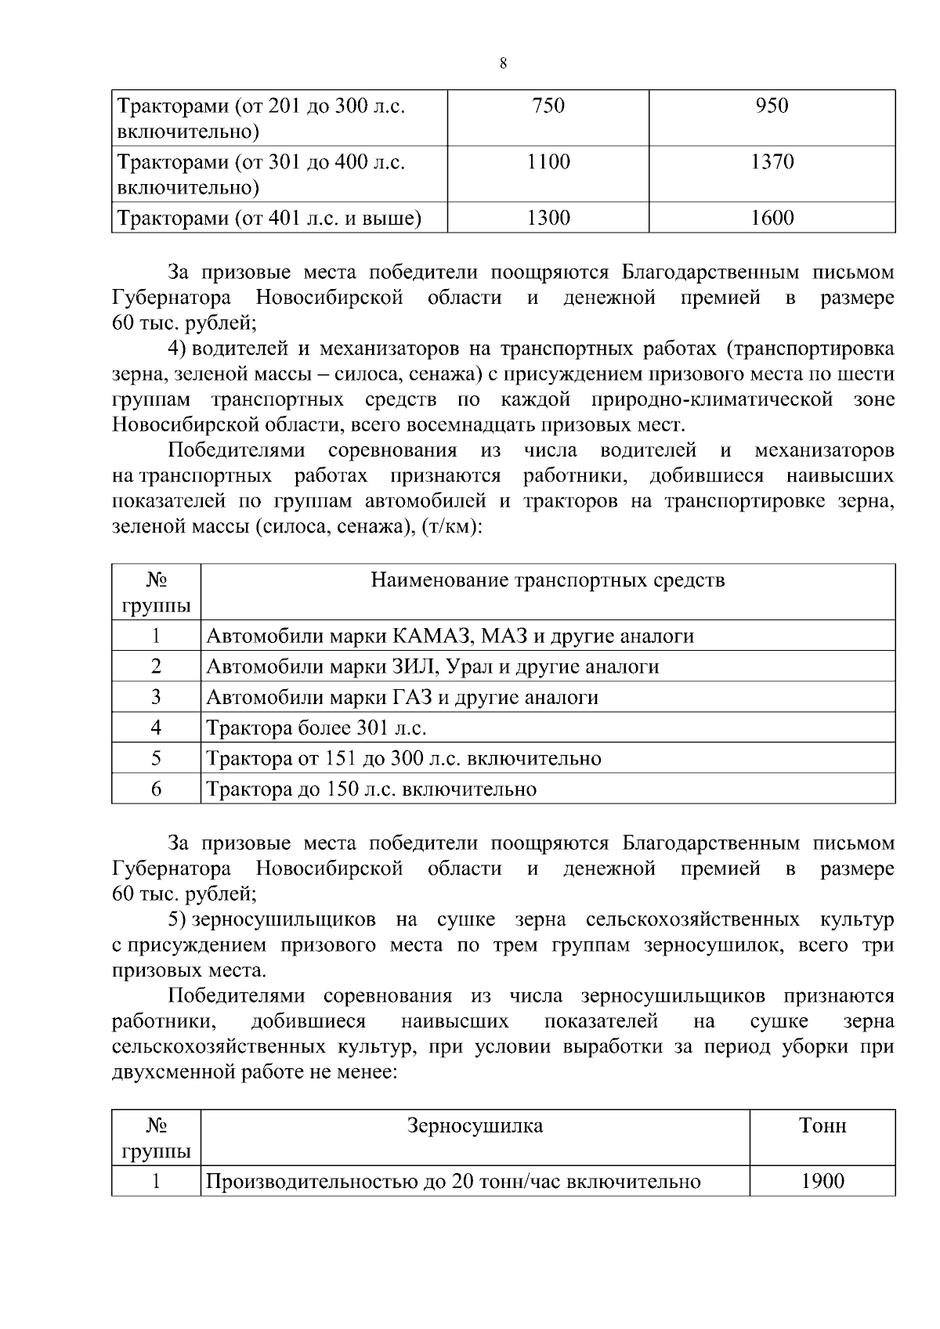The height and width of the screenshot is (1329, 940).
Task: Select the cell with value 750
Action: pos(548,107)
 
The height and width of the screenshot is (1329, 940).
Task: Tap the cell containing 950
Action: pos(772,107)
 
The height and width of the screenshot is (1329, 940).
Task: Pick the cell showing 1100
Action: pos(548,162)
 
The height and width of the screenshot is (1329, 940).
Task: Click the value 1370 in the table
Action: pos(772,162)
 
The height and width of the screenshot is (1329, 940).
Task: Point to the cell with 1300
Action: pos(548,218)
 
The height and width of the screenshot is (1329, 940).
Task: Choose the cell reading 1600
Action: pos(772,218)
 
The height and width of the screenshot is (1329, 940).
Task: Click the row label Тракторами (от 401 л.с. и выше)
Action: pos(269,218)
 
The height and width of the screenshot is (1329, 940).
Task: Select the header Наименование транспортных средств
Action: pos(547,580)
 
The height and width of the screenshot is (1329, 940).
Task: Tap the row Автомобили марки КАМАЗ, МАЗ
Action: pos(450,636)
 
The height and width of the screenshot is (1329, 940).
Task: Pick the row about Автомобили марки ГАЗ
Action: pos(402,697)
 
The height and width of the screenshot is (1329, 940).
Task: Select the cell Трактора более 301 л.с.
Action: pos(316,728)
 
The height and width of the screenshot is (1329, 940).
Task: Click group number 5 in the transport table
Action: pos(156,758)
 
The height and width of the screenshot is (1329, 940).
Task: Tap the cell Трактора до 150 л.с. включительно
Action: pos(371,789)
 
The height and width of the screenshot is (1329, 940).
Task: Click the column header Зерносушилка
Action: pos(475,1126)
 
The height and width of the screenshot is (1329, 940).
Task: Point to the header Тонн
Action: pos(822,1126)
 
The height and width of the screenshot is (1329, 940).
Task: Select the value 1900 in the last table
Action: pos(822,1181)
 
